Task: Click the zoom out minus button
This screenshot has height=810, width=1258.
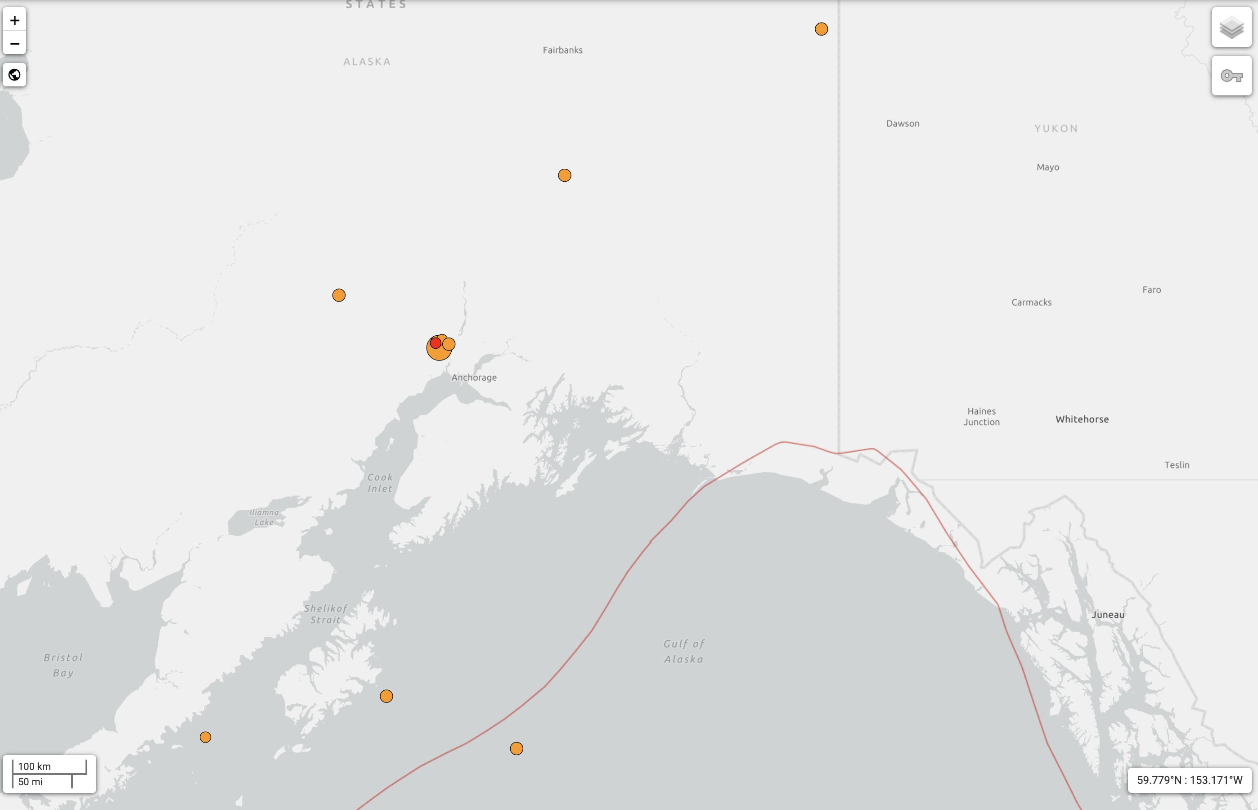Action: pyautogui.click(x=15, y=44)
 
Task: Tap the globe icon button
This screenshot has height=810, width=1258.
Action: pyautogui.click(x=15, y=75)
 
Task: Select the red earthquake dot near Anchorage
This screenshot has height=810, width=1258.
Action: pyautogui.click(x=435, y=343)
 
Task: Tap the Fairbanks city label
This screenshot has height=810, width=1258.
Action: pyautogui.click(x=562, y=50)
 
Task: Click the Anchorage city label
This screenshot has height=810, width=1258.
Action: pyautogui.click(x=474, y=377)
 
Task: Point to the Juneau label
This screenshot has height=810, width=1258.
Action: pyautogui.click(x=1108, y=614)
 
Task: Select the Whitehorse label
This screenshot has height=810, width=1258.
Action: pyautogui.click(x=1082, y=419)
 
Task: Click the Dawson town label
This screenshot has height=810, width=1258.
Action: pyautogui.click(x=903, y=124)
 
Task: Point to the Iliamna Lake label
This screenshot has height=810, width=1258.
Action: pyautogui.click(x=264, y=517)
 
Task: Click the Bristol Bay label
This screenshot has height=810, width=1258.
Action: pyautogui.click(x=63, y=665)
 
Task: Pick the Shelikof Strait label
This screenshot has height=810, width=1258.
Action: pyautogui.click(x=326, y=614)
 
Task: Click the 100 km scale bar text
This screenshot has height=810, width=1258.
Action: pyautogui.click(x=35, y=766)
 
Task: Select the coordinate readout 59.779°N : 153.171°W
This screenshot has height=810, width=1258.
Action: pyautogui.click(x=1190, y=779)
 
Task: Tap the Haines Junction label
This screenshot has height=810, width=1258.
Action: pyautogui.click(x=981, y=417)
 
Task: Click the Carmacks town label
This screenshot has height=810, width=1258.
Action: pyautogui.click(x=1031, y=302)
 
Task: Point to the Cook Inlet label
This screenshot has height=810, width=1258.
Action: pyautogui.click(x=380, y=482)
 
